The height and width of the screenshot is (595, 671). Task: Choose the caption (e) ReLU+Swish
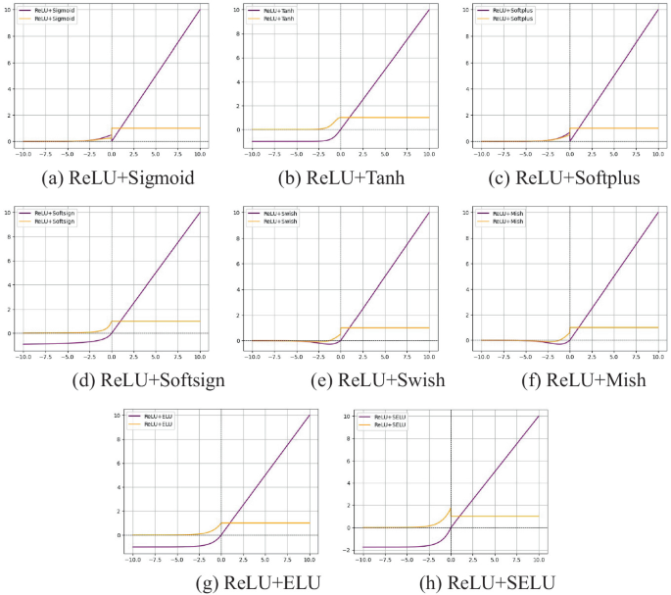pos(339,379)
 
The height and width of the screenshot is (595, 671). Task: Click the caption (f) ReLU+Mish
pos(567,379)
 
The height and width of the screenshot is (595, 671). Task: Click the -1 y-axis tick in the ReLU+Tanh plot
pos(238,142)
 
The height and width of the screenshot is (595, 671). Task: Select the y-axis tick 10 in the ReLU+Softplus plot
pos(468,11)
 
